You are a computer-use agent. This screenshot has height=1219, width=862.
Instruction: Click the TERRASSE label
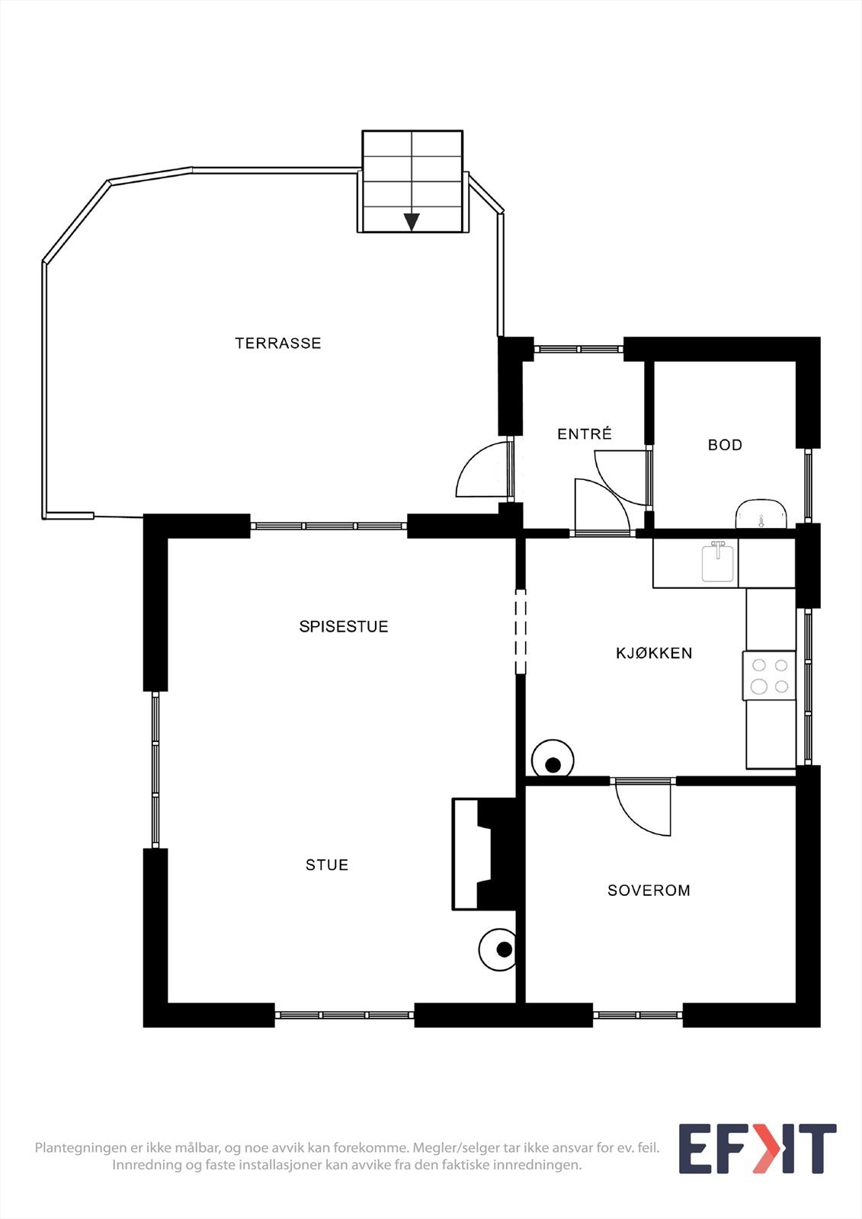tap(278, 343)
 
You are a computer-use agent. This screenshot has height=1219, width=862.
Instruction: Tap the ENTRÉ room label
tap(585, 434)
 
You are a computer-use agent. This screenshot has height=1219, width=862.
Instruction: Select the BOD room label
tap(725, 445)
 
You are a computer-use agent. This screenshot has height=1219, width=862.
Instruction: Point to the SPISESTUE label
tap(344, 626)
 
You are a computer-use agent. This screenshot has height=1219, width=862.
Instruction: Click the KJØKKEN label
tap(654, 653)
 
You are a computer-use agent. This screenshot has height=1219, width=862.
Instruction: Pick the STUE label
tap(327, 865)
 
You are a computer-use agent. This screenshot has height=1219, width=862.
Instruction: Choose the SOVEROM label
tap(649, 890)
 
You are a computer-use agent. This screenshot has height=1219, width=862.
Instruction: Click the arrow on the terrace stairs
tap(412, 222)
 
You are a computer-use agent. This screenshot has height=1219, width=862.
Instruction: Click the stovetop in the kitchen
tap(769, 675)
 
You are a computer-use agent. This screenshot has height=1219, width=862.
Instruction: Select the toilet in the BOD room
tap(761, 514)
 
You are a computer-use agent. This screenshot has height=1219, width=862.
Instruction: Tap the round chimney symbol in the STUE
tap(500, 950)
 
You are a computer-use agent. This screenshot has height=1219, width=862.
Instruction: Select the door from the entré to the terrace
tap(483, 470)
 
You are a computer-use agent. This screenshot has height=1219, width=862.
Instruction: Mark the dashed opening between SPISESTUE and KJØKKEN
tap(521, 632)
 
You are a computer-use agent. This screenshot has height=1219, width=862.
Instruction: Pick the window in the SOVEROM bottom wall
tap(637, 1015)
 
